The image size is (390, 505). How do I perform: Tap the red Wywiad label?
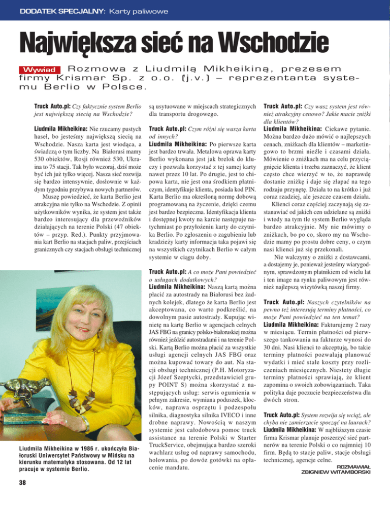(43, 69)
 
